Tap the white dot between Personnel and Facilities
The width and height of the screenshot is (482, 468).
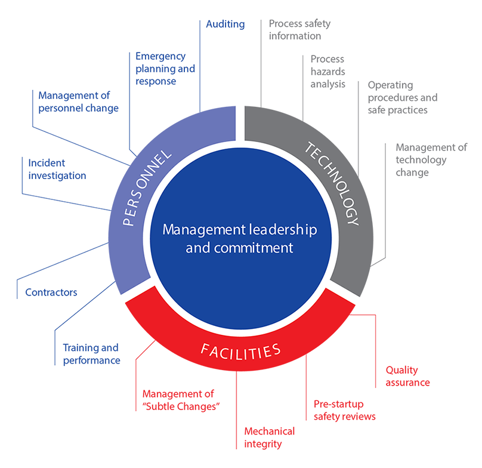(x=114, y=307)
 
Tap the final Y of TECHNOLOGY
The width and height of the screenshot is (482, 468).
(x=354, y=221)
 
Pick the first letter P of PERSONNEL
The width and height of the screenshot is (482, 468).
(x=127, y=222)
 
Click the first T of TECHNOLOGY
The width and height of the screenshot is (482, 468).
(x=310, y=146)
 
